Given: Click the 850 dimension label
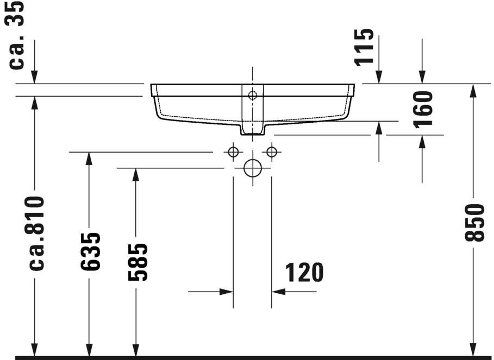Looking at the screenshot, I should pyautogui.click(x=474, y=223).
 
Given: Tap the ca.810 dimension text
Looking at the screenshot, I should pyautogui.click(x=35, y=233).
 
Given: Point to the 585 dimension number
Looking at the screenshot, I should pyautogui.click(x=137, y=262).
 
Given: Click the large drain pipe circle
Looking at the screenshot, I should pyautogui.click(x=253, y=168).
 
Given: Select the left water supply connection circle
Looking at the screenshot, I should pyautogui.click(x=233, y=151).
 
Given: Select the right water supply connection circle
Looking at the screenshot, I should pyautogui.click(x=272, y=151).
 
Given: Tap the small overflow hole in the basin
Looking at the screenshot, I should pyautogui.click(x=252, y=96).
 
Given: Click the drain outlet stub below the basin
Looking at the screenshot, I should pyautogui.click(x=252, y=129).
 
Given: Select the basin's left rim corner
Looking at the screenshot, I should pyautogui.click(x=152, y=86).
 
